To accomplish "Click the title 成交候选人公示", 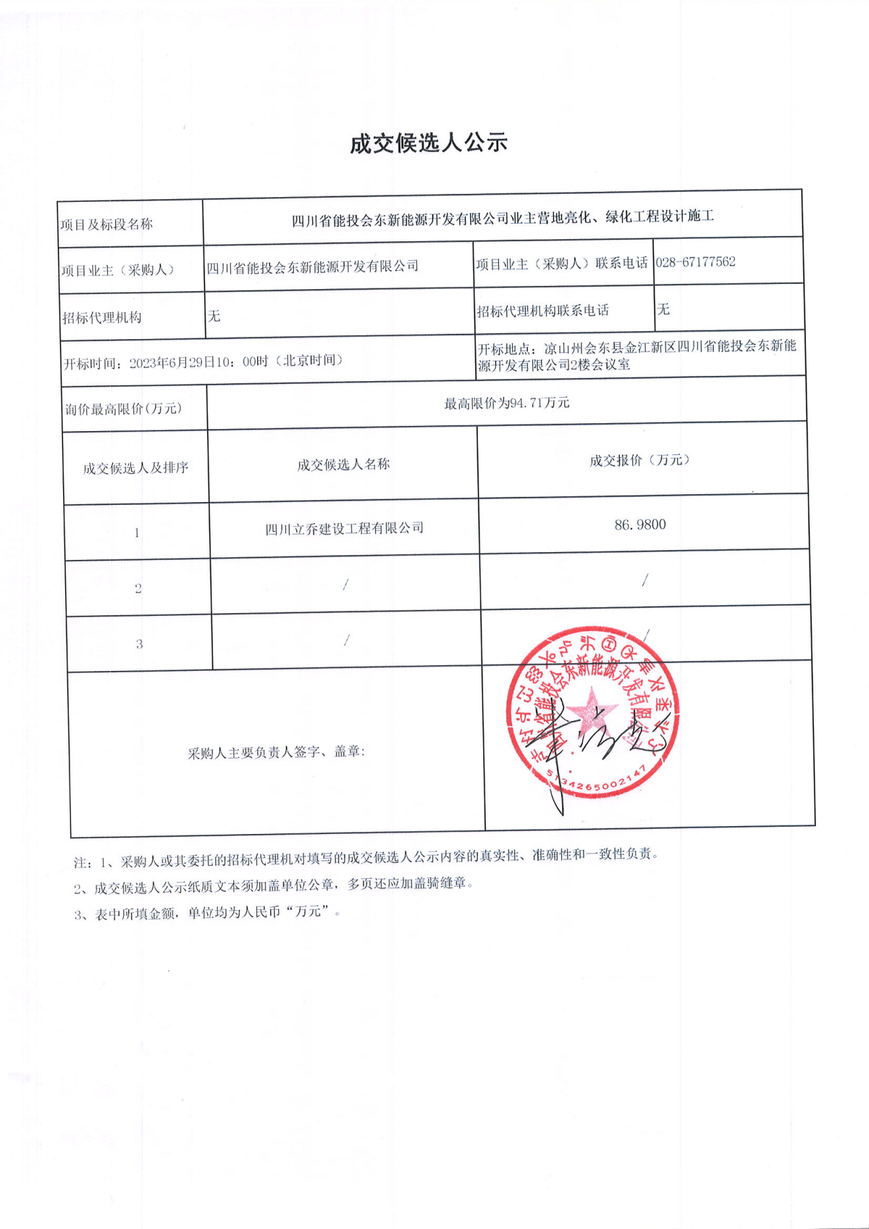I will point(429,143).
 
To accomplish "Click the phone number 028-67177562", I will point(695,262).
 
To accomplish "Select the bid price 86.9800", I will point(640,524).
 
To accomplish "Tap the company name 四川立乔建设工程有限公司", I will point(344,528).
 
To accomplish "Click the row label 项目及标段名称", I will point(106,225).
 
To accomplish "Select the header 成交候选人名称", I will point(343,465).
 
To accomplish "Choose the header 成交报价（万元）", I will point(639,461).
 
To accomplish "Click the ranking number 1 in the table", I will point(137,533).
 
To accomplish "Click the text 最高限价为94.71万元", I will point(506,404).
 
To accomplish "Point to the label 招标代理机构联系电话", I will point(543,311).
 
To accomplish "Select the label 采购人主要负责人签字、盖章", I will point(276,753).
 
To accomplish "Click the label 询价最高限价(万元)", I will point(123,409).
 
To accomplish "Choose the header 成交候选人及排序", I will point(135,468).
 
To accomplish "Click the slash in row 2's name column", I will point(346,584).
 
